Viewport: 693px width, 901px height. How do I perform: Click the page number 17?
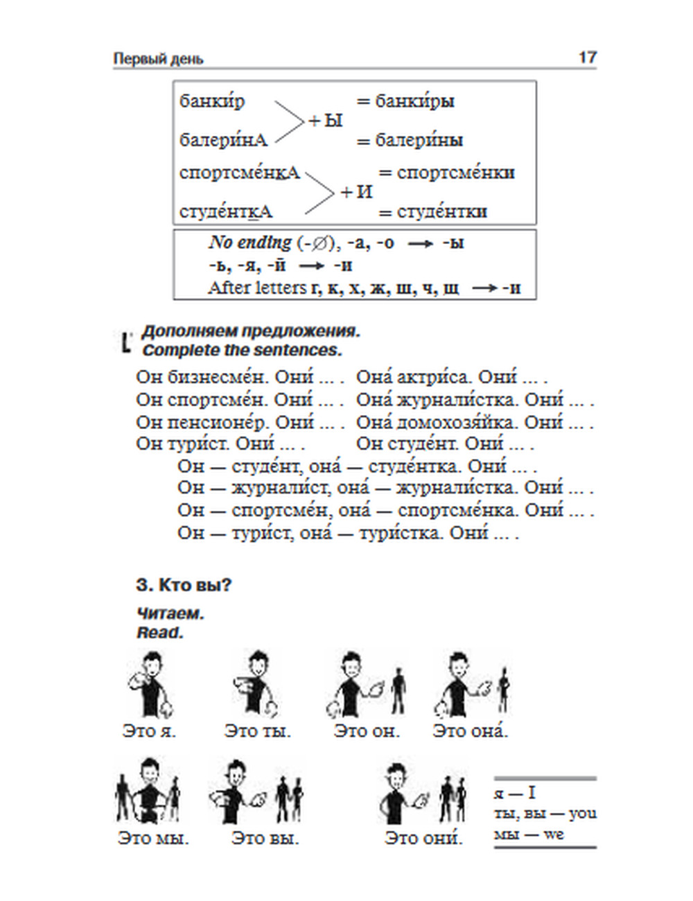tap(587, 58)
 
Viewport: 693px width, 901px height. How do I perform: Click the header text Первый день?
tap(158, 59)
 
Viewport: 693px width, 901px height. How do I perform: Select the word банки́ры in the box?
tap(414, 101)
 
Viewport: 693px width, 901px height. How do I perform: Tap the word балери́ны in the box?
tap(419, 141)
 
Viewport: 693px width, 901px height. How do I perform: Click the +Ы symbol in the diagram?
tap(326, 121)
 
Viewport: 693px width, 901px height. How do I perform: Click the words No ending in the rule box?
tap(250, 243)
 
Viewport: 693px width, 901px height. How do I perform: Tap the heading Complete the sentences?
tap(242, 351)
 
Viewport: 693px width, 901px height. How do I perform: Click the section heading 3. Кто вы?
tap(184, 585)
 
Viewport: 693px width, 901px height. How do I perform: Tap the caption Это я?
tap(149, 731)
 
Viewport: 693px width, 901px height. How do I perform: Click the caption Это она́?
tap(470, 731)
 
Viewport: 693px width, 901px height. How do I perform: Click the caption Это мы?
tap(153, 838)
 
